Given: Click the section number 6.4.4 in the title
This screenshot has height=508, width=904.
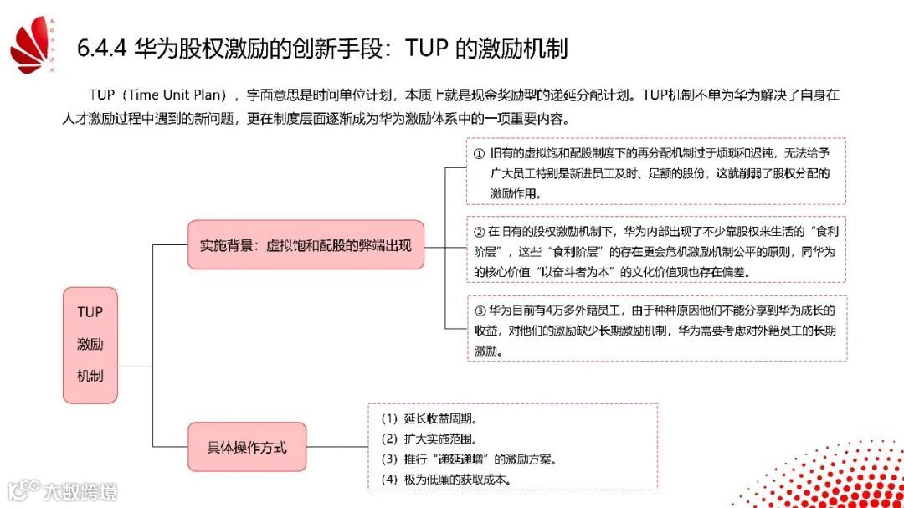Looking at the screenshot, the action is tap(101, 48).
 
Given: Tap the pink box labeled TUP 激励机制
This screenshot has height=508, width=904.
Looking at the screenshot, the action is tap(90, 345).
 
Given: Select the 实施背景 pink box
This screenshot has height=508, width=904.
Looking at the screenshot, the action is tap(306, 246).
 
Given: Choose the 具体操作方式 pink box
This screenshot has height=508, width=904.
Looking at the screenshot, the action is tap(247, 447).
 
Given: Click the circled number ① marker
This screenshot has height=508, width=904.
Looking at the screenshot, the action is tap(479, 155).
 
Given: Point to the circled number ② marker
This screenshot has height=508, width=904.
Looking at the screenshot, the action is tap(480, 230).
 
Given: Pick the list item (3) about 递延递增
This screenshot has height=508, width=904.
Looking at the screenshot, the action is tap(469, 459).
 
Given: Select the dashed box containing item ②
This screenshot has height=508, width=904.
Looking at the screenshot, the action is tap(656, 250).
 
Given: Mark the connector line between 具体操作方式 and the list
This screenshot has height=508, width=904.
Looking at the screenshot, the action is tap(337, 447).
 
